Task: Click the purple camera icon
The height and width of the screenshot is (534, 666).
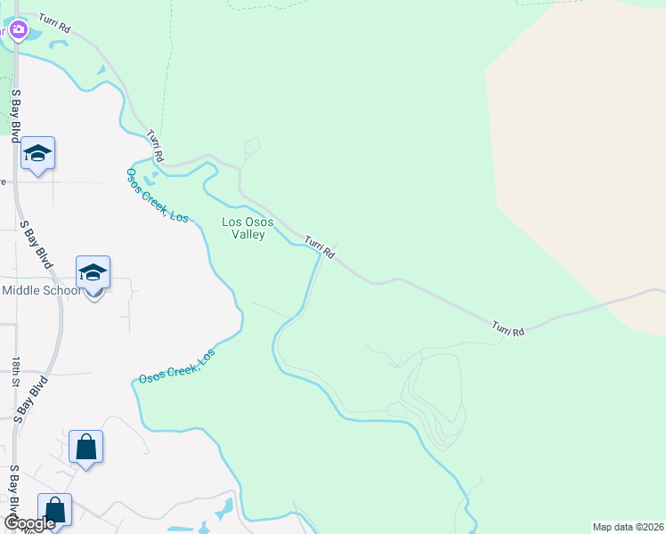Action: click(x=19, y=32)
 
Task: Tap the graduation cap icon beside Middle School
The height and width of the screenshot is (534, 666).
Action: click(x=93, y=272)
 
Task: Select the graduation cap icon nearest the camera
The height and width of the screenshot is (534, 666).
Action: click(x=37, y=154)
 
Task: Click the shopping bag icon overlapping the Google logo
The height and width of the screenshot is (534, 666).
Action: click(x=54, y=511)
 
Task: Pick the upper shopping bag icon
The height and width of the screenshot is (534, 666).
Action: click(x=85, y=447)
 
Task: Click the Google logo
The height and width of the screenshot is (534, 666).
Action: click(x=30, y=523)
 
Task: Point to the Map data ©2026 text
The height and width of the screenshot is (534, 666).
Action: click(x=628, y=526)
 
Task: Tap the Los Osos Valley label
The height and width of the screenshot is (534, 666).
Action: click(x=243, y=228)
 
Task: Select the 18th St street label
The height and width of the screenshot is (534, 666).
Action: click(x=16, y=372)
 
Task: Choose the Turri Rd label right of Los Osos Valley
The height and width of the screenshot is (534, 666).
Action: click(x=319, y=247)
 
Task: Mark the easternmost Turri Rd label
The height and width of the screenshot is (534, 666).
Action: click(x=508, y=329)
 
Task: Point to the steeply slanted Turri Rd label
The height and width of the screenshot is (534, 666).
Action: click(x=157, y=145)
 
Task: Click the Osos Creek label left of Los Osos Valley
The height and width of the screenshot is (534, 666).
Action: click(x=157, y=195)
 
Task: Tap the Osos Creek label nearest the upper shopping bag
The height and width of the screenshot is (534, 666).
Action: click(x=176, y=368)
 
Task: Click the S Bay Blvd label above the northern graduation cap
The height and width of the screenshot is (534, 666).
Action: click(x=15, y=115)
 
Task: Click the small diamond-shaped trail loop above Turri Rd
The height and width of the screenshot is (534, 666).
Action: click(x=251, y=147)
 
